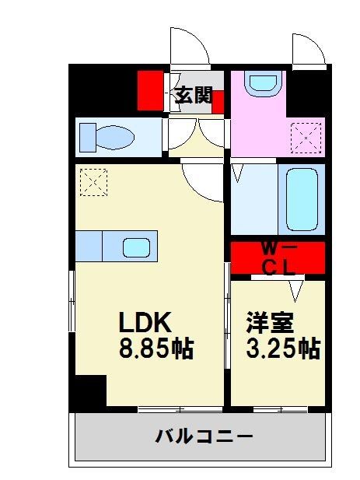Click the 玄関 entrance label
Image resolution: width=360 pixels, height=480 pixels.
pyautogui.click(x=192, y=96)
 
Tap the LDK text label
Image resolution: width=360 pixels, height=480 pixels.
pyautogui.click(x=144, y=322)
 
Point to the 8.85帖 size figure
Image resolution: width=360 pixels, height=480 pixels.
pyautogui.click(x=156, y=349)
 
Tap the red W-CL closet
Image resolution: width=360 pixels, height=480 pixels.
pyautogui.click(x=278, y=258)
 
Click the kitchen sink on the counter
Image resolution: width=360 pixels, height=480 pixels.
pyautogui.click(x=136, y=247)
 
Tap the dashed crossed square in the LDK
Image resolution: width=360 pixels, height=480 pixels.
pyautogui.click(x=93, y=184)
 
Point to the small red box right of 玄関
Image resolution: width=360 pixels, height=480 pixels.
pyautogui.click(x=218, y=101)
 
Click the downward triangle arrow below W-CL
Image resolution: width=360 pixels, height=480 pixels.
pyautogui.click(x=296, y=291)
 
